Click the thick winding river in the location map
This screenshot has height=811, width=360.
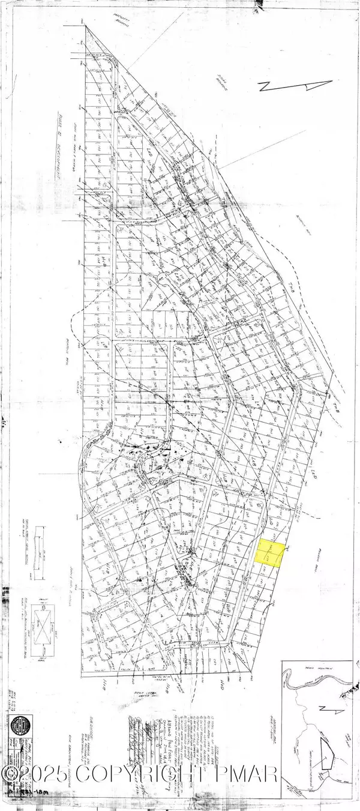click(x=312, y=685)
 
